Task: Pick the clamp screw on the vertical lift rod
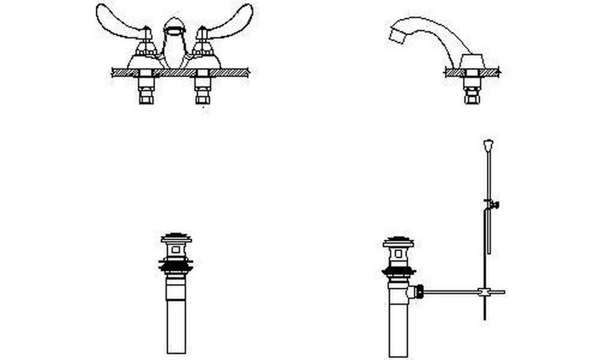click(494, 205)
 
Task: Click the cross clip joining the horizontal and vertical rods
click(484, 292)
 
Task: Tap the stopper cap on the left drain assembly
click(176, 238)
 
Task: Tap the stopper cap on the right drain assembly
click(398, 242)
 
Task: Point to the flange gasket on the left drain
click(176, 264)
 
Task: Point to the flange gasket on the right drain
click(398, 271)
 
